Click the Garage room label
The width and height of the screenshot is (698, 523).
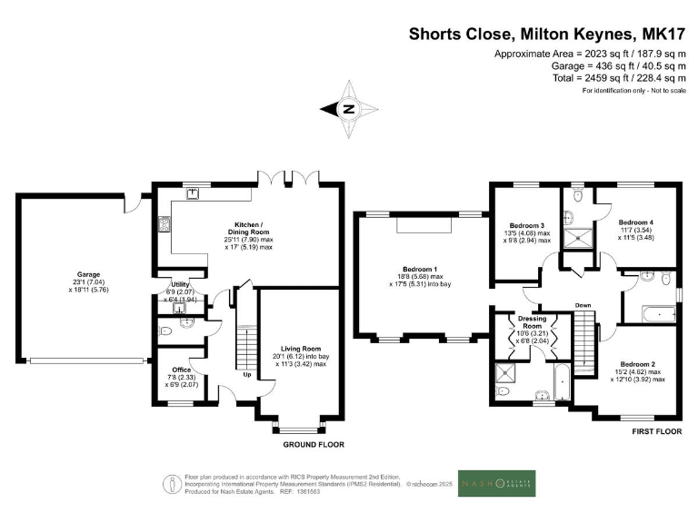tap(75, 271)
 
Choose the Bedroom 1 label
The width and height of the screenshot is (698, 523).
tap(422, 270)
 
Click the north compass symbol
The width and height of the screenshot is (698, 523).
tap(348, 109)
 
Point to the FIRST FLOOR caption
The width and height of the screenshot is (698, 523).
tap(657, 434)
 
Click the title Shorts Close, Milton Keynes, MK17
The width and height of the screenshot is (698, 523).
tap(544, 34)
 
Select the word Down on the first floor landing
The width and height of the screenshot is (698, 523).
tap(583, 305)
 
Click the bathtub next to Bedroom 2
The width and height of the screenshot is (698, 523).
tap(653, 314)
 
